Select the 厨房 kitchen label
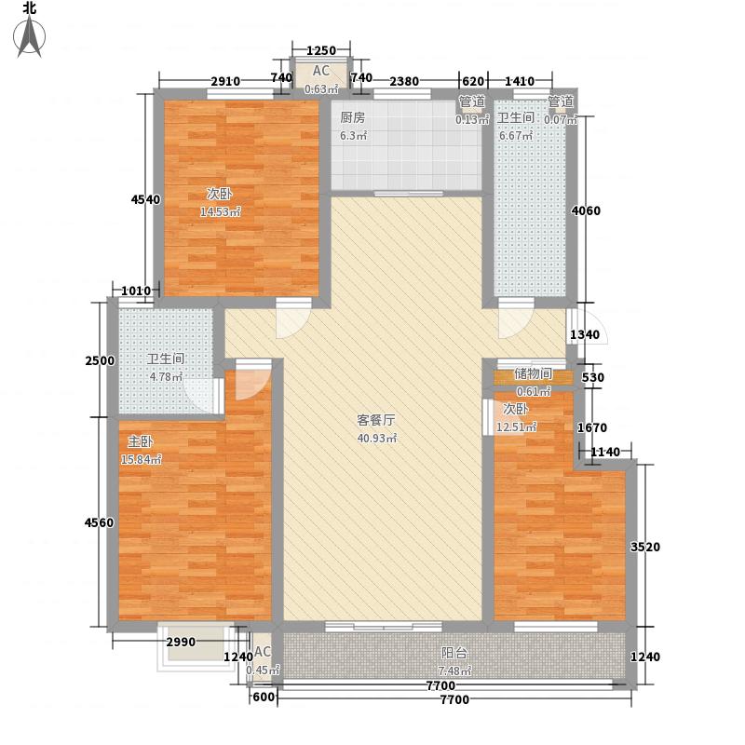coord(351,117)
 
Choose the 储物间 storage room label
coord(533,374)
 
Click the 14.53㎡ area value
coord(221,211)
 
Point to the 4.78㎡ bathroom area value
coord(166,376)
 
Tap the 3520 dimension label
coord(644,547)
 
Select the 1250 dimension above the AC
coord(321,50)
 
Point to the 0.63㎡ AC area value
coord(321,89)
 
